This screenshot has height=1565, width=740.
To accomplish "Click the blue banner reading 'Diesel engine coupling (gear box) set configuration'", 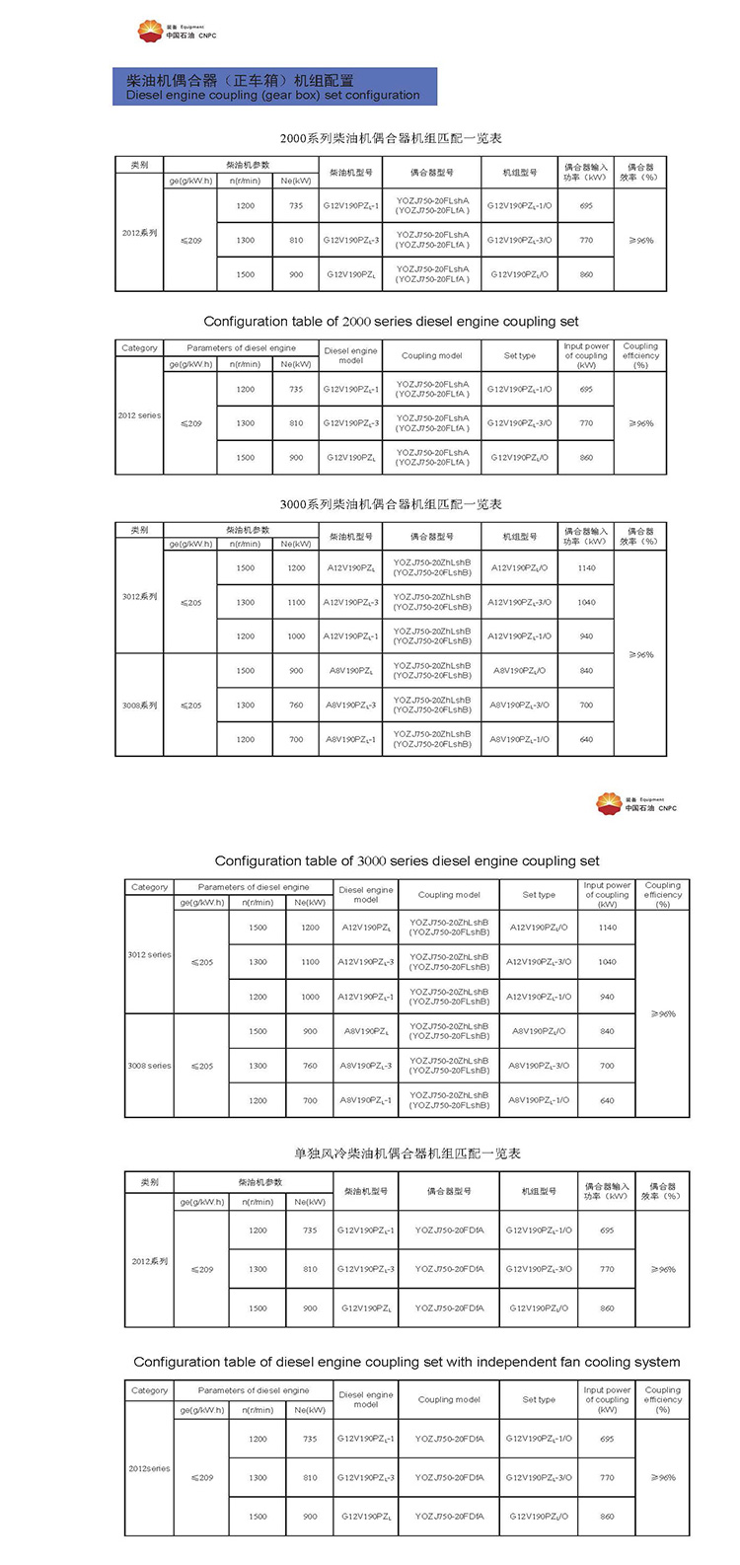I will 274,87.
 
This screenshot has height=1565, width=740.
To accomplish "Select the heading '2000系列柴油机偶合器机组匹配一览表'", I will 391,138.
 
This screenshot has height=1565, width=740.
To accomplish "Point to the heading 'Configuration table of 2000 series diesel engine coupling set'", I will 391,322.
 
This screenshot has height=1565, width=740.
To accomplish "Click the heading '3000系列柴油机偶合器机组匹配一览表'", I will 391,504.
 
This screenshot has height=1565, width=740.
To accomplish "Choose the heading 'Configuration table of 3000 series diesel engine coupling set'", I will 407,860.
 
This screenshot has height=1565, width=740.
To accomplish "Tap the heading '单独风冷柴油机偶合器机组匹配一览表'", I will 407,1153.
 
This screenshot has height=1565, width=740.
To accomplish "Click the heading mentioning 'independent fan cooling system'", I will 407,1362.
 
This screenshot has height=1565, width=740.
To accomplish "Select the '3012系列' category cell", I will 139,597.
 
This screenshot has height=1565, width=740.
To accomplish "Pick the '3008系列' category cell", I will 139,706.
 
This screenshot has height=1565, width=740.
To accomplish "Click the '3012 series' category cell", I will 149,954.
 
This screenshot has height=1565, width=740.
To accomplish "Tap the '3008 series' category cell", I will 149,1066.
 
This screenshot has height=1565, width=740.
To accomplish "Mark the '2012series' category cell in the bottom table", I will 149,1468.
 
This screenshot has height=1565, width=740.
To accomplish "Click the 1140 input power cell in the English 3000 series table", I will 607,928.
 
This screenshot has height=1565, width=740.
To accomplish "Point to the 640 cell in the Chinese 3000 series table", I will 586,739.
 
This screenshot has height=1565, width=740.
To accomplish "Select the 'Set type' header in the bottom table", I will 539,1399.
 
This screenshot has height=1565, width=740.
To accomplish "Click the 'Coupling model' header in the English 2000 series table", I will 432,356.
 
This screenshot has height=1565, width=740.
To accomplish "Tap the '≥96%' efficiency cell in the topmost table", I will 640,241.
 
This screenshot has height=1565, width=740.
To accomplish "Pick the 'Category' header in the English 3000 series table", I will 149,887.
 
